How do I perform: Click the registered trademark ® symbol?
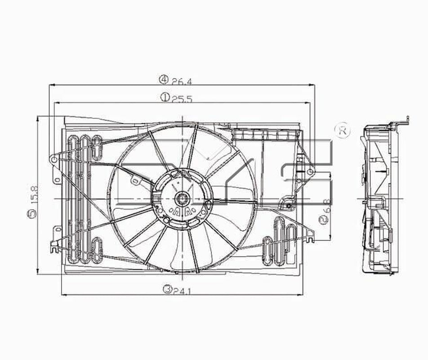[343, 130]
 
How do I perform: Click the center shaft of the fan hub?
[182, 197]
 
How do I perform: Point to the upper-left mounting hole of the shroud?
[54, 159]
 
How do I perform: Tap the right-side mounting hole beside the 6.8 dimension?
[310, 172]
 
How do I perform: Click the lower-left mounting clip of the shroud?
[54, 245]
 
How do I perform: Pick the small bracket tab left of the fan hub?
[134, 180]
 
